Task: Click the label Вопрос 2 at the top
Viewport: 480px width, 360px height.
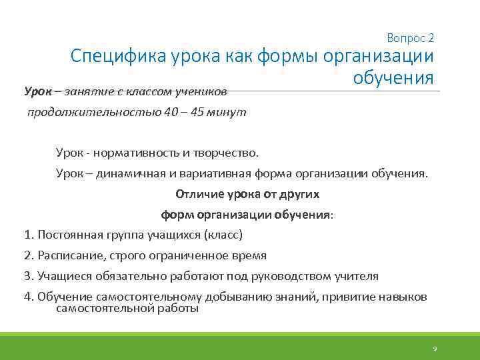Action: point(410,38)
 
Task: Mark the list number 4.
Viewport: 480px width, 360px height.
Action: point(27,297)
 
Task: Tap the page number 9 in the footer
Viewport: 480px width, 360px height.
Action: point(435,349)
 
